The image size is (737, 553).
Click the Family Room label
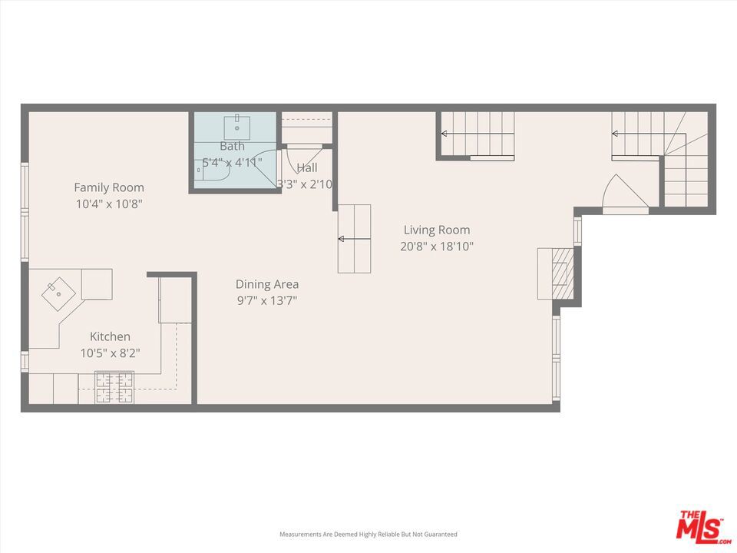tap(109, 187)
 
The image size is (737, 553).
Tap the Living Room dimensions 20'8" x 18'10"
tap(437, 247)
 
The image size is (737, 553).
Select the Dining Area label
tap(267, 284)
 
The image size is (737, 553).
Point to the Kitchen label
tap(110, 336)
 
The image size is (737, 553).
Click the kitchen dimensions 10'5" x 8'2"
tap(110, 353)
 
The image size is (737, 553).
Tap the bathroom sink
tap(237, 126)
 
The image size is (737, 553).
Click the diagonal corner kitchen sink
tap(59, 294)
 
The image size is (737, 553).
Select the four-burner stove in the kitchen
tap(114, 387)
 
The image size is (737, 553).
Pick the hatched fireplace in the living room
tap(563, 273)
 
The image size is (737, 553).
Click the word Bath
tap(232, 146)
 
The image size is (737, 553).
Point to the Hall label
tap(307, 168)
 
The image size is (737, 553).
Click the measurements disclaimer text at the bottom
tap(368, 535)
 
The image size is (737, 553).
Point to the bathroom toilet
tap(212, 171)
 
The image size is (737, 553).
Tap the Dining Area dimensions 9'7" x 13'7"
tap(267, 301)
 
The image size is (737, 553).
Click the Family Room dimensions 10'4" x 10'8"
tap(109, 204)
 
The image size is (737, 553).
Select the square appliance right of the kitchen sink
tap(97, 284)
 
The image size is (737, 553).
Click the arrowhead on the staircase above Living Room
tap(444, 134)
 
